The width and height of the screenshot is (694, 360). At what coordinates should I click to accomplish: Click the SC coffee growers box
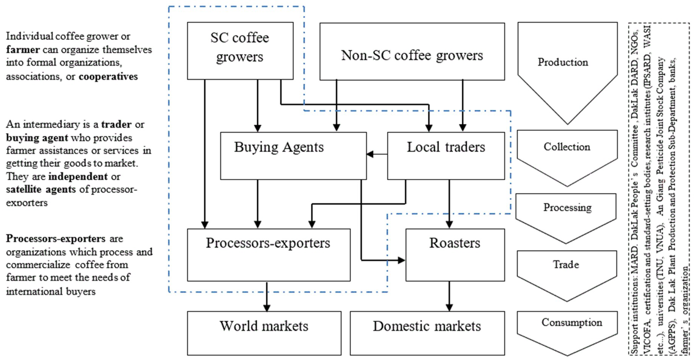tap(240, 51)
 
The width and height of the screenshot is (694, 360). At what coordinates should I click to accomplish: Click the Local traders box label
tap(446, 147)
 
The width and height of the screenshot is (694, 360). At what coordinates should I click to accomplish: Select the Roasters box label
tap(455, 243)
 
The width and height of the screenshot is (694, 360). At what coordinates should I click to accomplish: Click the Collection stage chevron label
tap(567, 147)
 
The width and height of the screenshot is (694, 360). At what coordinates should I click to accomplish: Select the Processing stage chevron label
tap(567, 207)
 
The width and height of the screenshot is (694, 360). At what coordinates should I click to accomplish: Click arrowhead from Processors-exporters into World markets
tap(267, 308)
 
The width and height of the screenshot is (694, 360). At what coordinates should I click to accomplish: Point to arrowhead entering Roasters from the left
tap(401, 260)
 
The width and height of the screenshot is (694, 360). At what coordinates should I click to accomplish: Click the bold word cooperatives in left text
tap(108, 77)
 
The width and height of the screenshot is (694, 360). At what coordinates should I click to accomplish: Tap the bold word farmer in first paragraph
tap(23, 50)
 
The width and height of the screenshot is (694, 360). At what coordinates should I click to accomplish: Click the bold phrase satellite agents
tap(41, 189)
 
